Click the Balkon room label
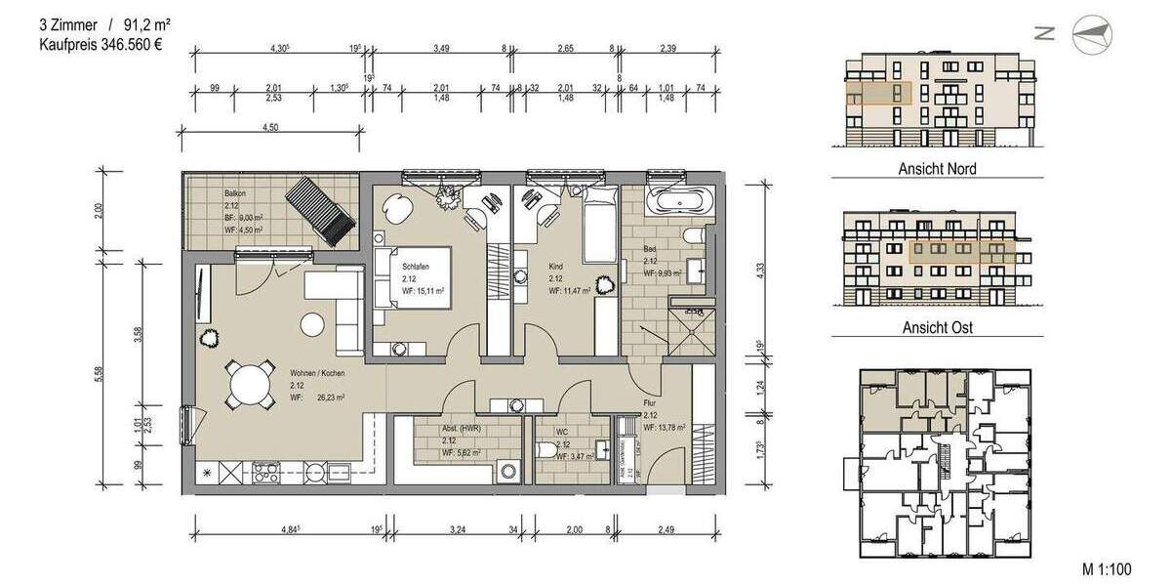click(x=233, y=193)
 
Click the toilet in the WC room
click(x=545, y=452)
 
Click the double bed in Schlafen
click(x=415, y=277)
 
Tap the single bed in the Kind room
click(x=598, y=228)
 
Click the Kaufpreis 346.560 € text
click(x=101, y=45)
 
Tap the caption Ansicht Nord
click(x=937, y=169)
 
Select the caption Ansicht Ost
click(x=938, y=327)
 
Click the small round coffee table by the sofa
click(x=312, y=322)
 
